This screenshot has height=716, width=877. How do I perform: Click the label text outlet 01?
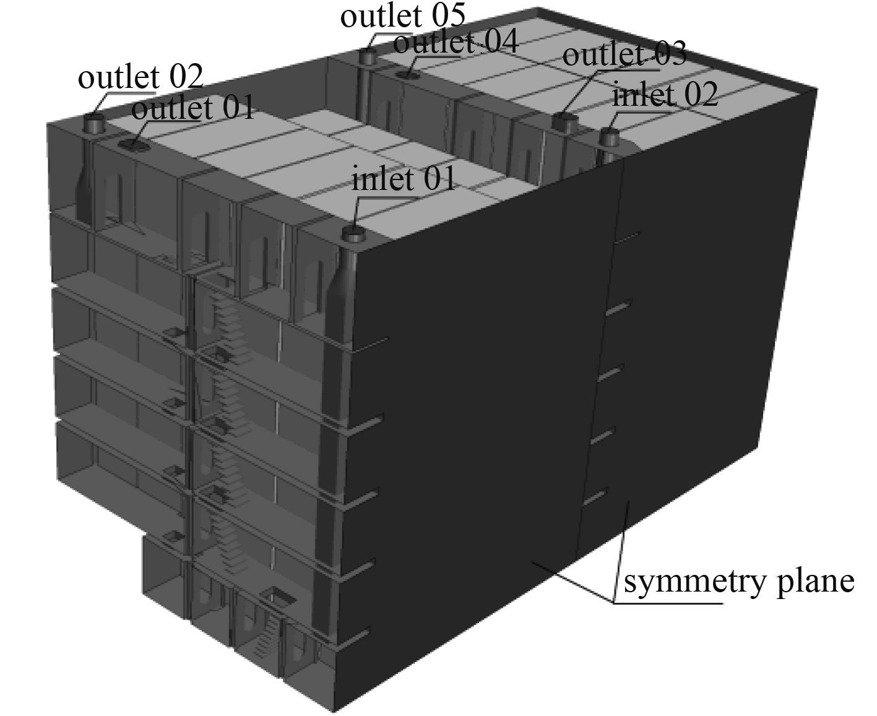tap(193, 110)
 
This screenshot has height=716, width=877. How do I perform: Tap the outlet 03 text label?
tap(624, 55)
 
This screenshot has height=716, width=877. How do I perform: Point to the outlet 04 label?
tap(455, 43)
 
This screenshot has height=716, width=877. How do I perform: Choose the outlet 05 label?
tap(403, 17)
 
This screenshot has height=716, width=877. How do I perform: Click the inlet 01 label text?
tap(403, 180)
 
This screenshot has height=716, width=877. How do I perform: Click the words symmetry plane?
tap(739, 582)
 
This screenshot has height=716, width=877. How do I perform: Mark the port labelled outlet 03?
tap(564, 121)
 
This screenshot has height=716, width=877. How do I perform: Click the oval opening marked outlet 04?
tap(408, 75)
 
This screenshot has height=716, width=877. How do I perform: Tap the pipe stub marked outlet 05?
tap(368, 58)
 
